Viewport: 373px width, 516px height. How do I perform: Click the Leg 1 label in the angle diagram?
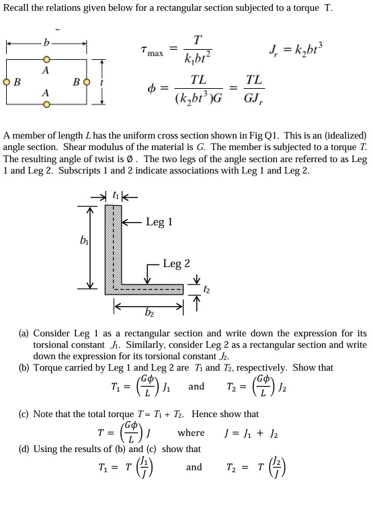coord(159,221)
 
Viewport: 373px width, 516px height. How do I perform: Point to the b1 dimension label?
coord(85,239)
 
